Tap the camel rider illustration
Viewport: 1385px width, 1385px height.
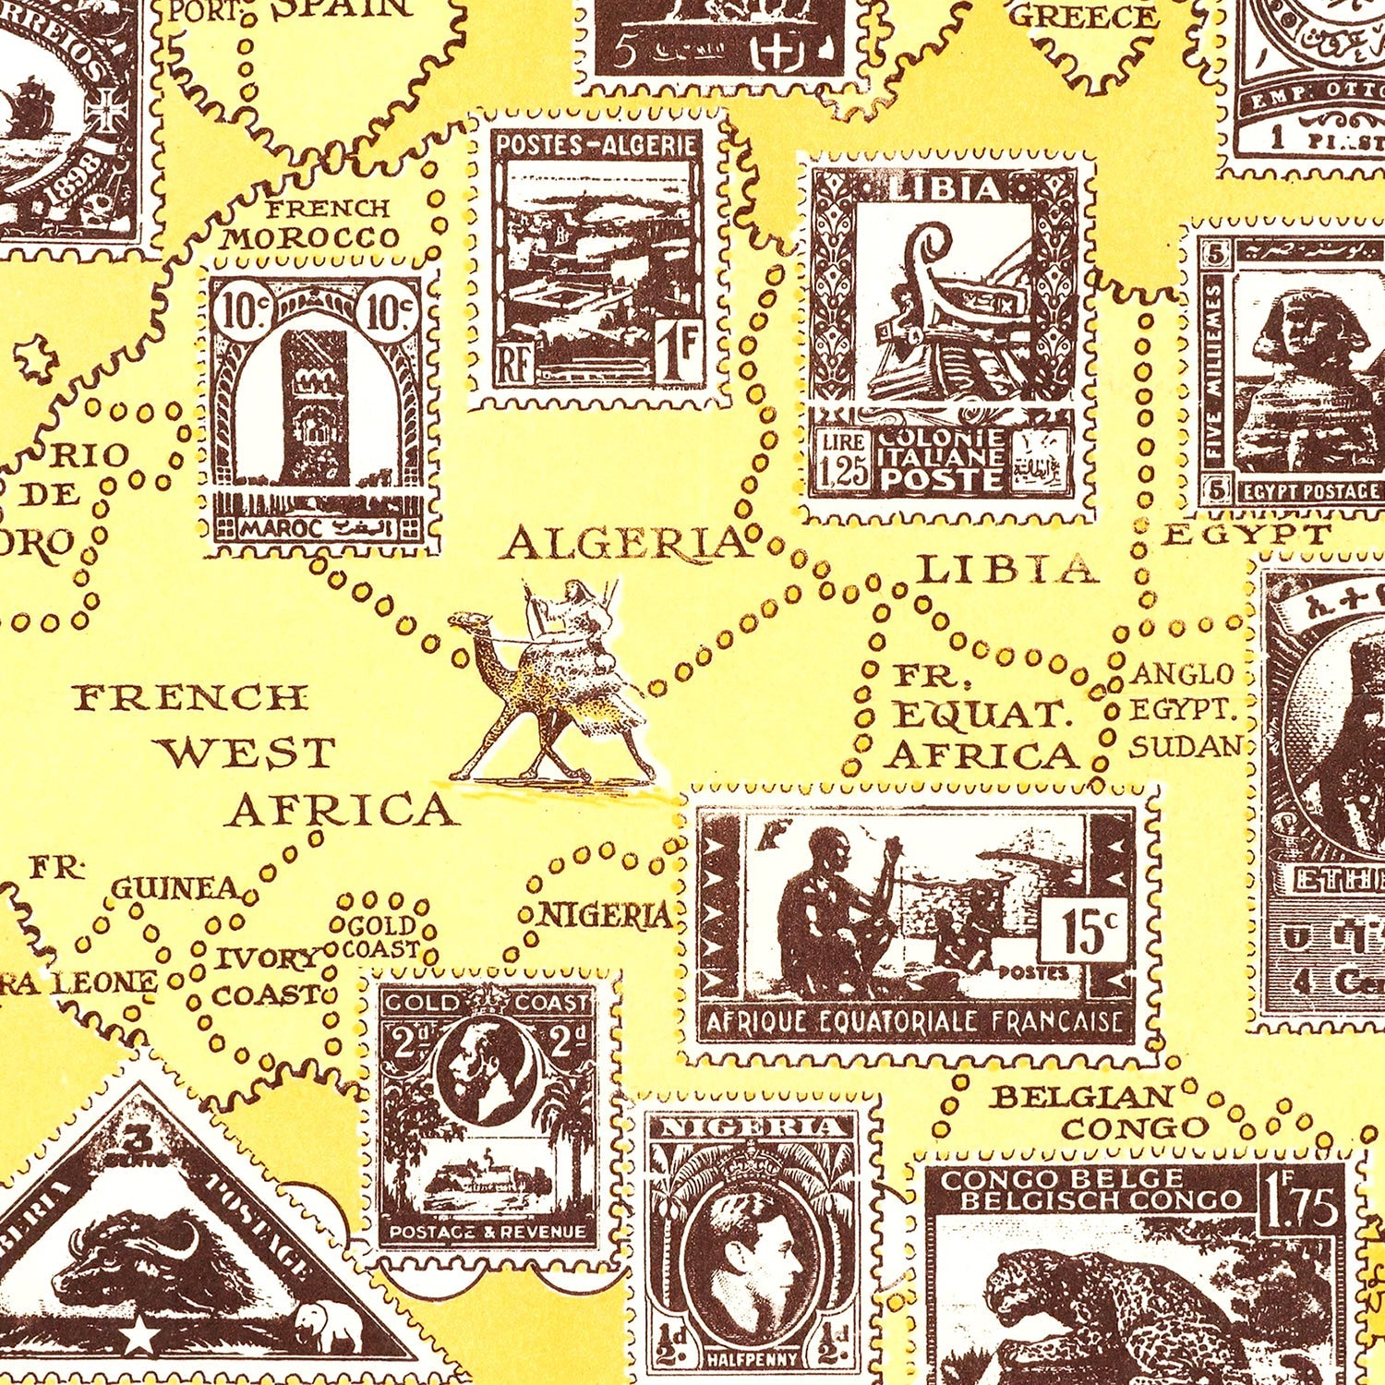(x=554, y=683)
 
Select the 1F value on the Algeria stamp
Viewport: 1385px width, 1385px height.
(x=680, y=353)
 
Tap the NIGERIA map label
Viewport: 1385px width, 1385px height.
(x=605, y=915)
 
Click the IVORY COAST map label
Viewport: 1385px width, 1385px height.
(x=267, y=977)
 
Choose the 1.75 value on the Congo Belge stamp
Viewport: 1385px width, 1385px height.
(x=1302, y=1205)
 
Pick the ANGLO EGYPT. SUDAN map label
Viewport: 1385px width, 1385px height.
(x=1183, y=710)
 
